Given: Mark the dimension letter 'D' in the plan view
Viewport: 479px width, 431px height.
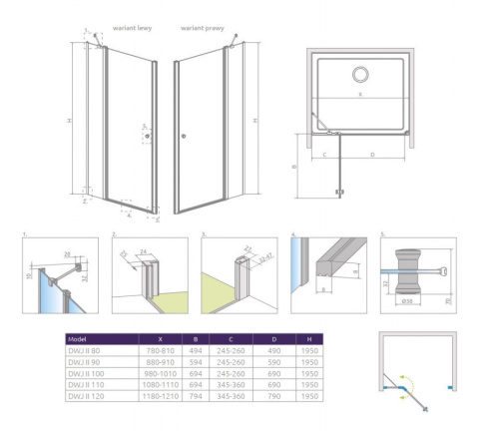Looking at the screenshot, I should point(373,155).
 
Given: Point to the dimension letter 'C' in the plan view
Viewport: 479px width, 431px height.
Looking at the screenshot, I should point(326,155).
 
